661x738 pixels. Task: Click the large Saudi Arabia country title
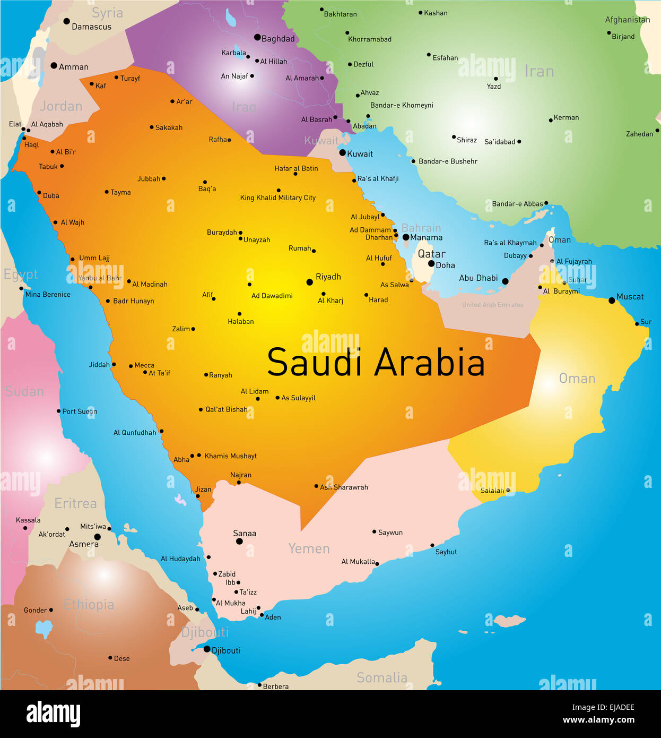click(x=376, y=363)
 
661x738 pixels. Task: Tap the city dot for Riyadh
click(x=310, y=282)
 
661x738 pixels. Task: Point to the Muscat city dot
click(x=612, y=301)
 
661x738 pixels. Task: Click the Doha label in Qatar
click(x=445, y=265)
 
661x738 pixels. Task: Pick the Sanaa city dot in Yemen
click(x=239, y=542)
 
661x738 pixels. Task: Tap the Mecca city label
click(x=144, y=365)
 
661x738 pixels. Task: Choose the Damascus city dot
click(x=66, y=21)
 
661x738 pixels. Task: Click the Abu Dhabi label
click(x=478, y=278)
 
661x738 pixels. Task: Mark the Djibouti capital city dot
click(x=207, y=649)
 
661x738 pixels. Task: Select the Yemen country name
click(x=309, y=548)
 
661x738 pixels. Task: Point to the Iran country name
click(x=539, y=71)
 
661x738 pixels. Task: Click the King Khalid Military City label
click(x=277, y=198)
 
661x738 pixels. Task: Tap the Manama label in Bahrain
click(x=426, y=237)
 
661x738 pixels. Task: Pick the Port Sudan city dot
click(x=58, y=411)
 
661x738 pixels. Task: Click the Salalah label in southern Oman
click(x=492, y=490)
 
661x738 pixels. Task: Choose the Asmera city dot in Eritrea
click(x=97, y=537)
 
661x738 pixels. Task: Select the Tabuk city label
click(x=48, y=167)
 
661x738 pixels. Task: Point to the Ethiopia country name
click(x=89, y=604)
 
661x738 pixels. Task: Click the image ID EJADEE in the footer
click(x=603, y=707)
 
